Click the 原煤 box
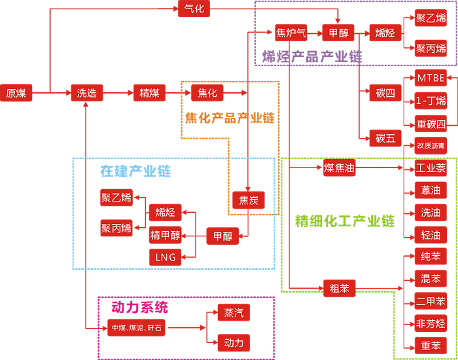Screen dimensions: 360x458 point(16,93)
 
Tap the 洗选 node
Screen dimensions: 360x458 point(87,93)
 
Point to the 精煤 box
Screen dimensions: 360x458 point(149,93)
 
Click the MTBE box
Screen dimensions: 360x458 point(431,78)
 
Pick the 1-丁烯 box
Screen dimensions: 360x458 point(431,101)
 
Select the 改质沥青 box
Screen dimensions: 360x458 point(431,145)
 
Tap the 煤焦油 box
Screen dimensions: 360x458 point(340,168)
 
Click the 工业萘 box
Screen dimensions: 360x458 point(431,168)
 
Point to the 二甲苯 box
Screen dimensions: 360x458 point(431,301)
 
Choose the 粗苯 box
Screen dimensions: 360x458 point(340,287)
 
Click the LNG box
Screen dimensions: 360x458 point(166,257)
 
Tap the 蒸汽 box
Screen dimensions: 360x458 point(234,313)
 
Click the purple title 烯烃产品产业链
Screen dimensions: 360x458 point(311,56)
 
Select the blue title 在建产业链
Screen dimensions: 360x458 point(135,171)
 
